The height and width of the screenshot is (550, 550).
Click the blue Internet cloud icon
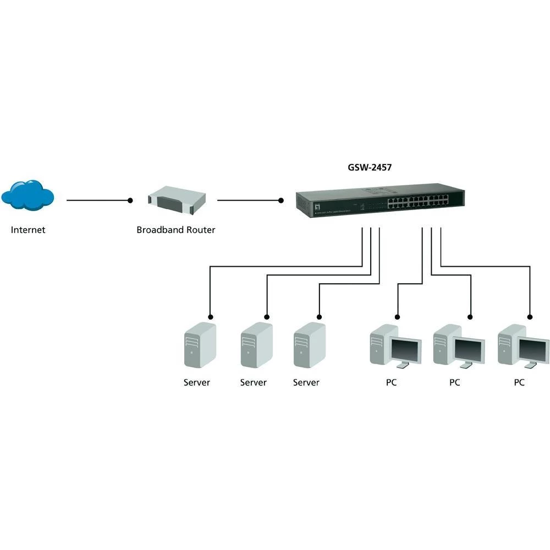click(28, 195)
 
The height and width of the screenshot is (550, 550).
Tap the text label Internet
click(28, 230)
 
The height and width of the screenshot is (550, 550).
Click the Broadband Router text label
click(175, 230)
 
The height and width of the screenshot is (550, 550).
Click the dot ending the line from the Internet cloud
click(130, 201)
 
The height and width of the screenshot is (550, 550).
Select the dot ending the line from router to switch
click(281, 201)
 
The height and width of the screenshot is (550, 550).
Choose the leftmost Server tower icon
click(199, 345)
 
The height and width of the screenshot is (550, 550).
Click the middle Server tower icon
click(256, 345)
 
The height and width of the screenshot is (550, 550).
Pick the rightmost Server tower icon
click(309, 345)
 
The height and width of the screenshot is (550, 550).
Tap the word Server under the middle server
click(253, 382)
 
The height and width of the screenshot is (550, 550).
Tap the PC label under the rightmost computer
click(519, 382)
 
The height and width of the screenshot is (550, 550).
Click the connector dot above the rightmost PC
click(530, 316)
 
